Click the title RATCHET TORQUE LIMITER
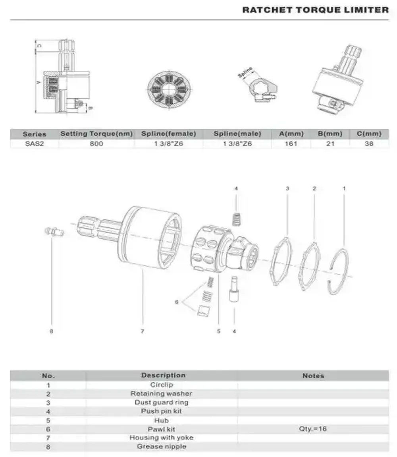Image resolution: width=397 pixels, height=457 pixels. pos(315,10)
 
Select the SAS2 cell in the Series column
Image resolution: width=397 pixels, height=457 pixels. pos(35,144)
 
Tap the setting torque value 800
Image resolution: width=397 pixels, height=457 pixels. pos(96,144)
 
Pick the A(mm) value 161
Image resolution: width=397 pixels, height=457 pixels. pos(291,144)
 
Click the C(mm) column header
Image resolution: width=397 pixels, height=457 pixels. pos(369,134)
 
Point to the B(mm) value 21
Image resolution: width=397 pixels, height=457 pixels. pos(330,144)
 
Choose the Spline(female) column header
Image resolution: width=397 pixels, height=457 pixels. pos(168,134)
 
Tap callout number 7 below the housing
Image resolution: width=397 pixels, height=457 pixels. pos(142,331)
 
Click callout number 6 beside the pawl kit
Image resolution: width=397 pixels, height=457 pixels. pos(177,302)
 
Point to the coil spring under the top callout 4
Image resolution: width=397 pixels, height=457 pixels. pos(236,219)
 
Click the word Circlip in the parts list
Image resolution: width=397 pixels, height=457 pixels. pos(162,385)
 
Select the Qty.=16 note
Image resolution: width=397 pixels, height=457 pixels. pos(313,429)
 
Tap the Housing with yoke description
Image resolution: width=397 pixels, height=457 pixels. pos(162,438)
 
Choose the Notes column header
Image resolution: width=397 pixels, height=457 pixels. pos(313,376)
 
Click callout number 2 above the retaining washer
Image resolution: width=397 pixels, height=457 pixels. pos(314,188)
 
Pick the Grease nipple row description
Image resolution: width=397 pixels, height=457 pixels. pos(162,446)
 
